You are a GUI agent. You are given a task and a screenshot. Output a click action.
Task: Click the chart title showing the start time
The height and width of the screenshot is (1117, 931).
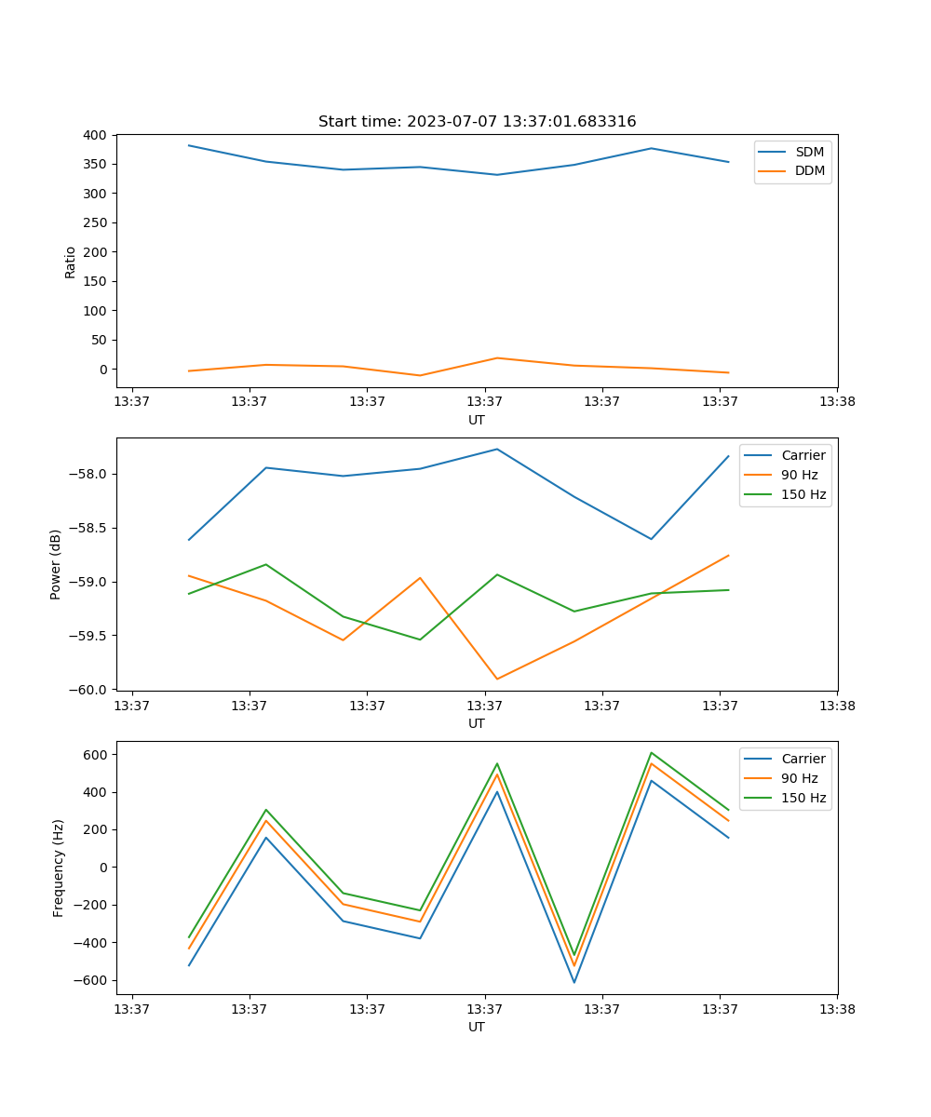click(x=477, y=122)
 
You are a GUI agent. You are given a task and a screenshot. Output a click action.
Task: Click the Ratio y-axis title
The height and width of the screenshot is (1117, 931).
click(x=71, y=262)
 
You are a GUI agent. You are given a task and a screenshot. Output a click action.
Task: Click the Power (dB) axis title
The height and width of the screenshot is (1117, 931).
click(x=56, y=564)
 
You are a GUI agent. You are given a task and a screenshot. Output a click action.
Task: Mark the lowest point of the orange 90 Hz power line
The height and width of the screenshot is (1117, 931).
click(x=497, y=680)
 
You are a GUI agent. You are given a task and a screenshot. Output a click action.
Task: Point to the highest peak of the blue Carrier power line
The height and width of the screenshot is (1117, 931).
click(x=497, y=450)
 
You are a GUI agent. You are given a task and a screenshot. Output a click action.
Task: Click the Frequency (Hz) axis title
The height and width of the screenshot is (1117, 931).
click(x=59, y=868)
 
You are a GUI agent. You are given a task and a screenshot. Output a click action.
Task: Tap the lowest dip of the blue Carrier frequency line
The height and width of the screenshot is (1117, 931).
click(x=574, y=983)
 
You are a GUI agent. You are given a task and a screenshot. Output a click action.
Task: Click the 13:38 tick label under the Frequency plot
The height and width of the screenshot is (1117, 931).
click(x=837, y=1008)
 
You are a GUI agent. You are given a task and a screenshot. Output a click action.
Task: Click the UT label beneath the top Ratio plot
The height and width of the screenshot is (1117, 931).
click(x=477, y=420)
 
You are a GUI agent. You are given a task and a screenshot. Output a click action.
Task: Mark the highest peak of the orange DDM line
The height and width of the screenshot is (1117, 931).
click(x=497, y=358)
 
